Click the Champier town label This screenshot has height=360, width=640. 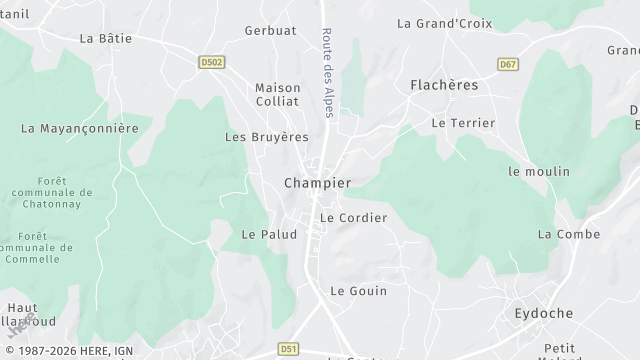point(317,183)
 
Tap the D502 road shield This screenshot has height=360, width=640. point(212,62)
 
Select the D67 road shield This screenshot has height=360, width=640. point(508,64)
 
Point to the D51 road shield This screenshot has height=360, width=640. point(289,349)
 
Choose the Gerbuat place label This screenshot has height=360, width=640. point(270,31)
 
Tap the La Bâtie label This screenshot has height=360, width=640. point(106,38)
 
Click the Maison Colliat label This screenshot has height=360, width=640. point(278,94)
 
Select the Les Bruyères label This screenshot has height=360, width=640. point(267,136)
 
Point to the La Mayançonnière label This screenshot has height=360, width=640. point(79,128)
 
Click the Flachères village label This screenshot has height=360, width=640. point(444,86)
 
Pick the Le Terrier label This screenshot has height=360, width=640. point(463,123)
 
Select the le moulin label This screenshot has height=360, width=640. point(539,172)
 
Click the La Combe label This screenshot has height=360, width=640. point(569,234)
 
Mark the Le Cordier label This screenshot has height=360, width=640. point(353,218)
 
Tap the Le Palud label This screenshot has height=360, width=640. point(269,234)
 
